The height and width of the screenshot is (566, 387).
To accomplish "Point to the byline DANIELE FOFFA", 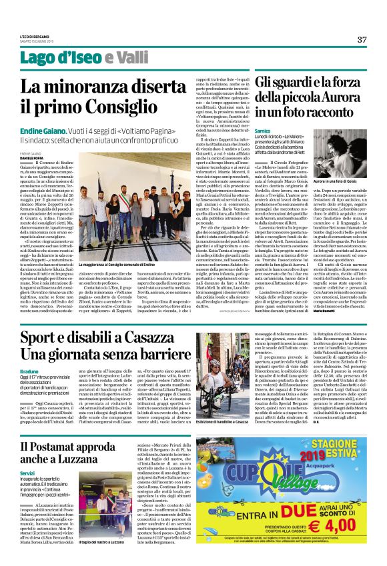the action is click(30, 157).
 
